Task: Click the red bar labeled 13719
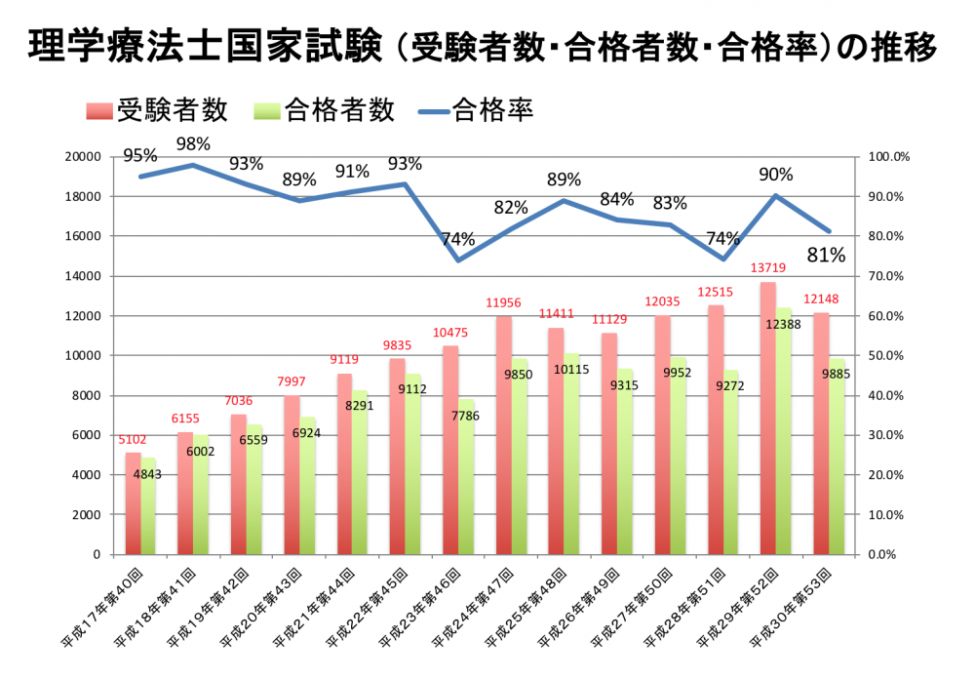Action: [x=768, y=420]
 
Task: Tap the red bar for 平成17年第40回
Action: [x=133, y=503]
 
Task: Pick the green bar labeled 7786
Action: [x=466, y=478]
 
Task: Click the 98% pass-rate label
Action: [x=193, y=144]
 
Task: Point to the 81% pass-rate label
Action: [x=826, y=256]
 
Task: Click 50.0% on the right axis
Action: [x=887, y=355]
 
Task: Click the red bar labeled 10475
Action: [x=450, y=449]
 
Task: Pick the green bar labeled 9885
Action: [x=837, y=459]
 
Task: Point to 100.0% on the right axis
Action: [x=887, y=156]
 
